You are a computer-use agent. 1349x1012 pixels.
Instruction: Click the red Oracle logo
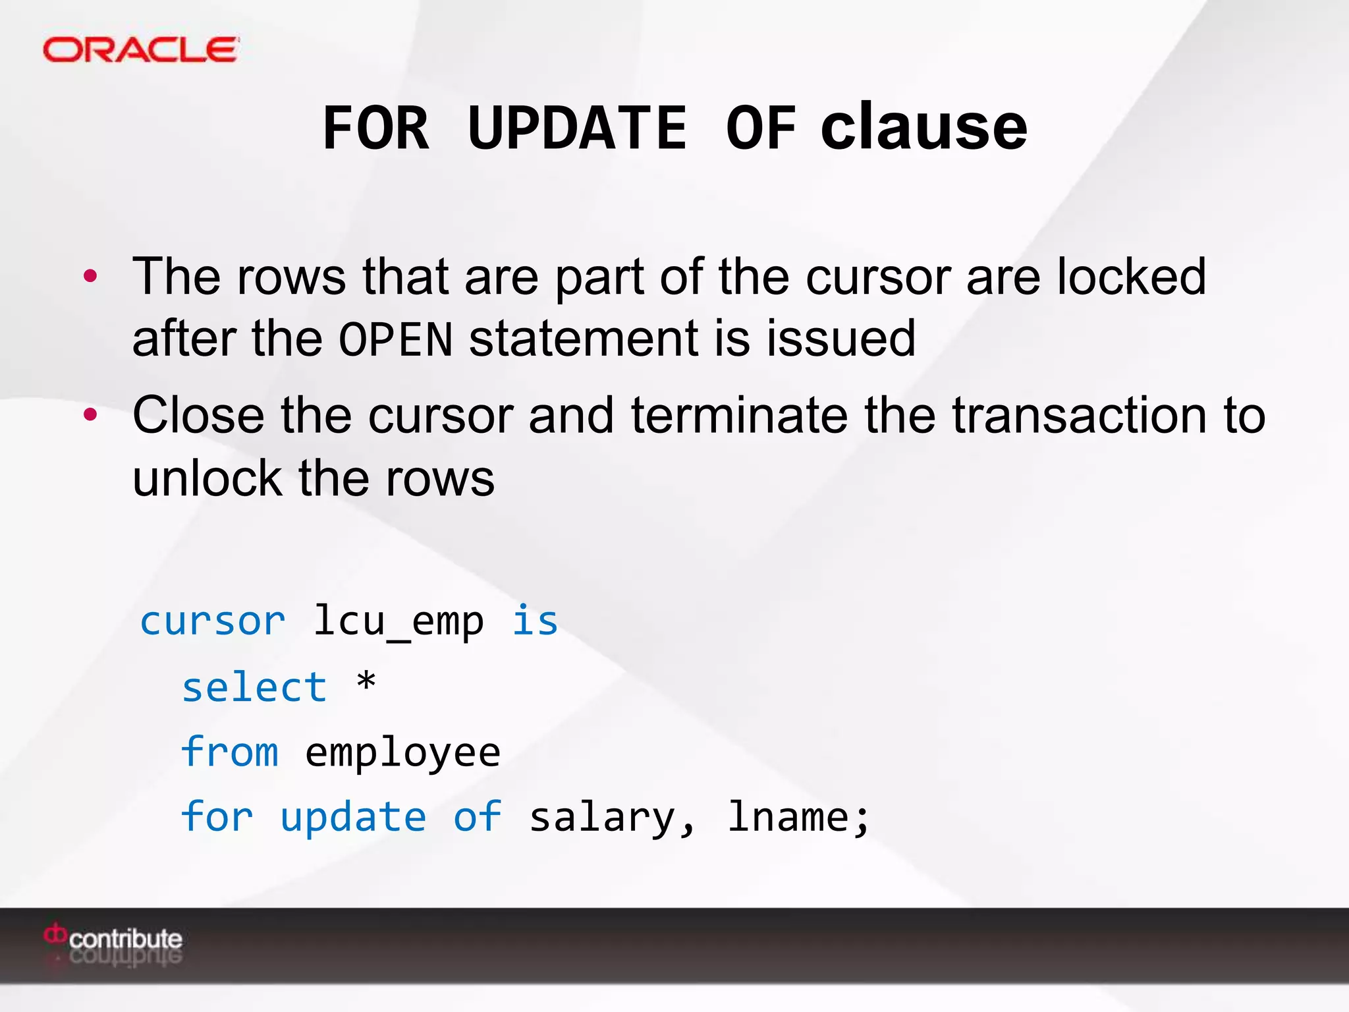140,50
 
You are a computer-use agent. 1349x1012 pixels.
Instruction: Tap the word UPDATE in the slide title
577,128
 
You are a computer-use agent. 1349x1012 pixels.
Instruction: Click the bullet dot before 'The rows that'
90,276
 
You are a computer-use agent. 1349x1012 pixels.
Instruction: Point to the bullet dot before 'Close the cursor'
90,415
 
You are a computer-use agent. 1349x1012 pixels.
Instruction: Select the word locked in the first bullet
1132,276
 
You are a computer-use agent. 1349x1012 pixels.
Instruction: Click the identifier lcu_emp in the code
398,621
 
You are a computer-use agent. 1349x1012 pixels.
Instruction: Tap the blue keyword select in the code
254,687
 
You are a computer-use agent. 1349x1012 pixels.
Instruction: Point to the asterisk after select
366,682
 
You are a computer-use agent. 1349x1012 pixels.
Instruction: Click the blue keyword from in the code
230,752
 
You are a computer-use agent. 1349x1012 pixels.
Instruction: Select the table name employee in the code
402,753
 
